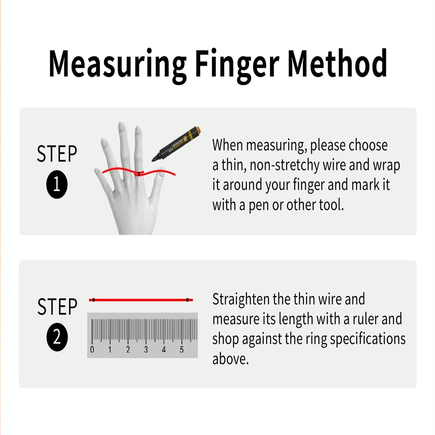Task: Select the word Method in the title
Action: (x=337, y=64)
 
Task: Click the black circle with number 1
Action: (x=57, y=185)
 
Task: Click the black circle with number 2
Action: (x=57, y=337)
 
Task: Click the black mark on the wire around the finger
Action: (x=139, y=174)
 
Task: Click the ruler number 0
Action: (x=92, y=350)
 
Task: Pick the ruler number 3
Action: (x=146, y=350)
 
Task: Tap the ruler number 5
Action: (x=182, y=350)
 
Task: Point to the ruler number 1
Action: (x=110, y=350)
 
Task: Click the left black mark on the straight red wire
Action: (x=94, y=300)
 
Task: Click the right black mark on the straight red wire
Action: (x=187, y=300)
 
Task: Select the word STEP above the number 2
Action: (x=57, y=307)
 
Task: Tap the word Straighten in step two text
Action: (x=241, y=300)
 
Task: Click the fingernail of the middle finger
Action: (x=122, y=127)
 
